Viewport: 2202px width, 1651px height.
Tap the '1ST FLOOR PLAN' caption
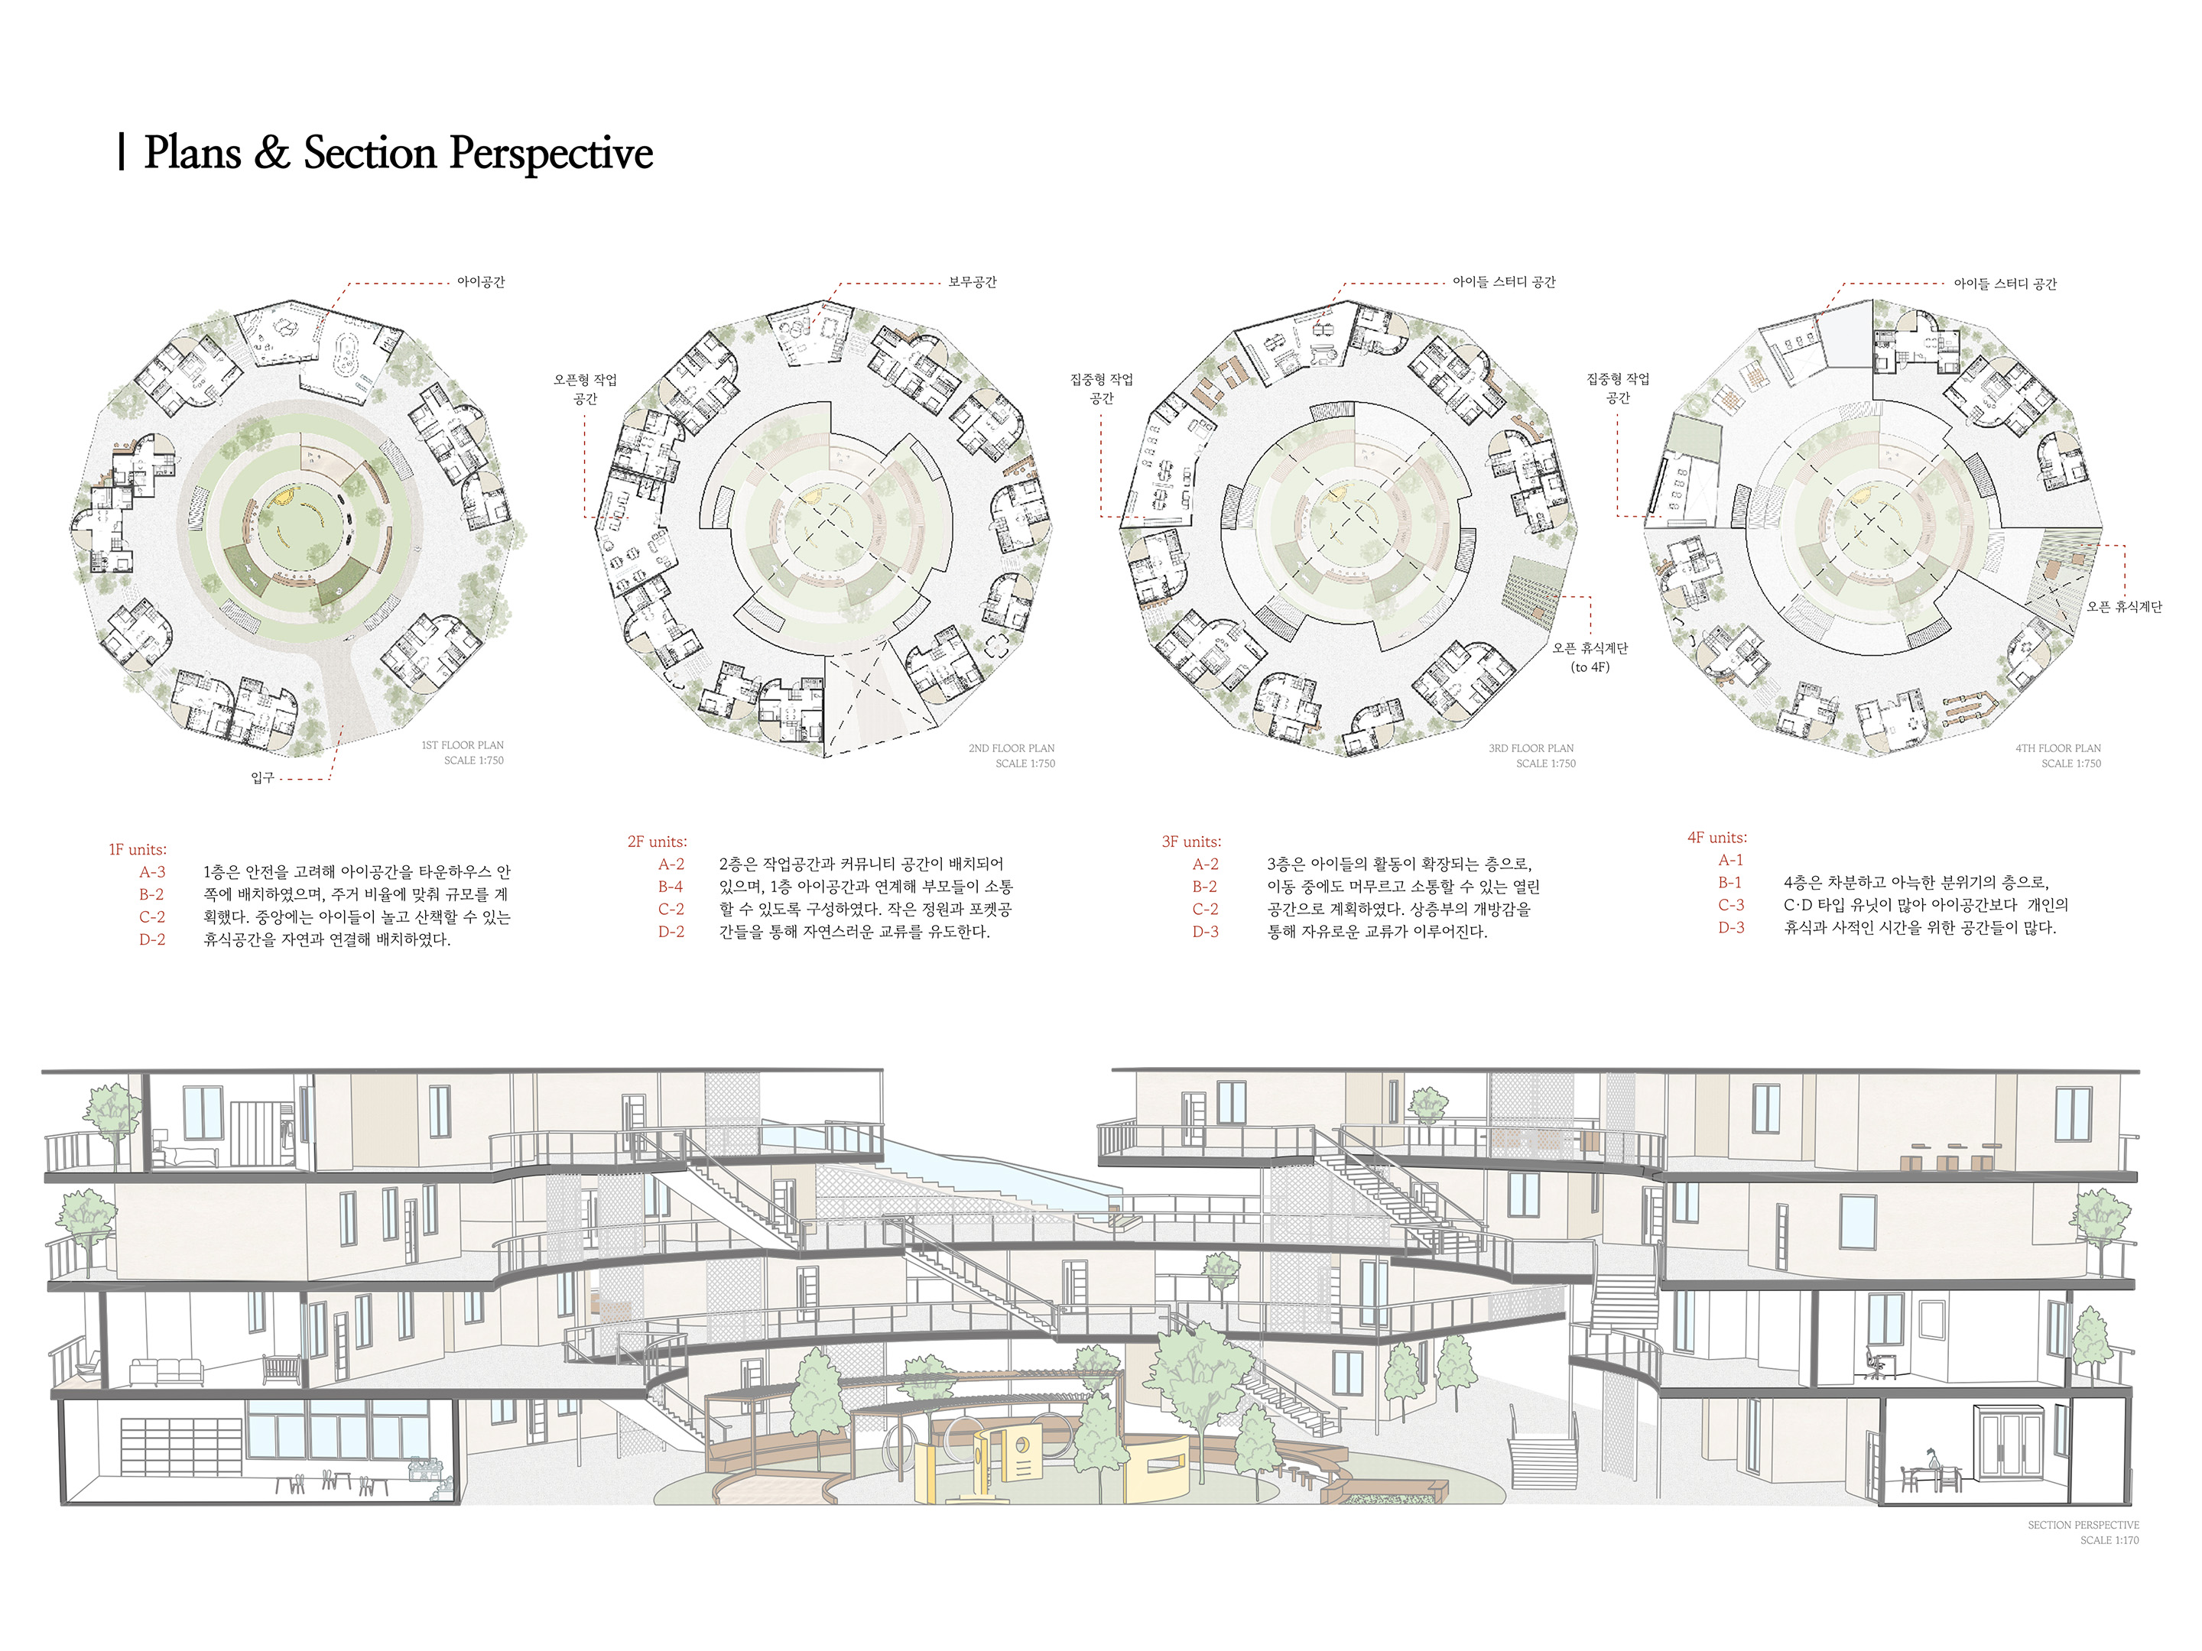coord(462,745)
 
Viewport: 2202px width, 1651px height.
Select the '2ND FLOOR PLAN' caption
coord(1012,748)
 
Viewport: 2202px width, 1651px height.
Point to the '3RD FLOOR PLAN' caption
coord(1531,748)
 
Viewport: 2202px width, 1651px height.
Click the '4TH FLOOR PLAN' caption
coord(2057,748)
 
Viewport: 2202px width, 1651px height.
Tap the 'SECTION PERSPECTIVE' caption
coord(2083,1525)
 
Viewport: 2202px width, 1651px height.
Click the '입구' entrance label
coord(261,777)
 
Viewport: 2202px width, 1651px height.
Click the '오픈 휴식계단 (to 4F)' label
coord(1590,657)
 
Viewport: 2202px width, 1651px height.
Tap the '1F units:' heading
coord(138,850)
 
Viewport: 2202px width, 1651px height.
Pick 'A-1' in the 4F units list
coord(1730,860)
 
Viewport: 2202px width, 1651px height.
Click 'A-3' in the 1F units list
coord(152,873)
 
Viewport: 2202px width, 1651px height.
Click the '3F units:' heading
coord(1190,842)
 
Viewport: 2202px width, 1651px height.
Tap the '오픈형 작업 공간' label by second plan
coord(586,389)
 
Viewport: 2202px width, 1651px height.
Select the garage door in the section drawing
coord(181,1446)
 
